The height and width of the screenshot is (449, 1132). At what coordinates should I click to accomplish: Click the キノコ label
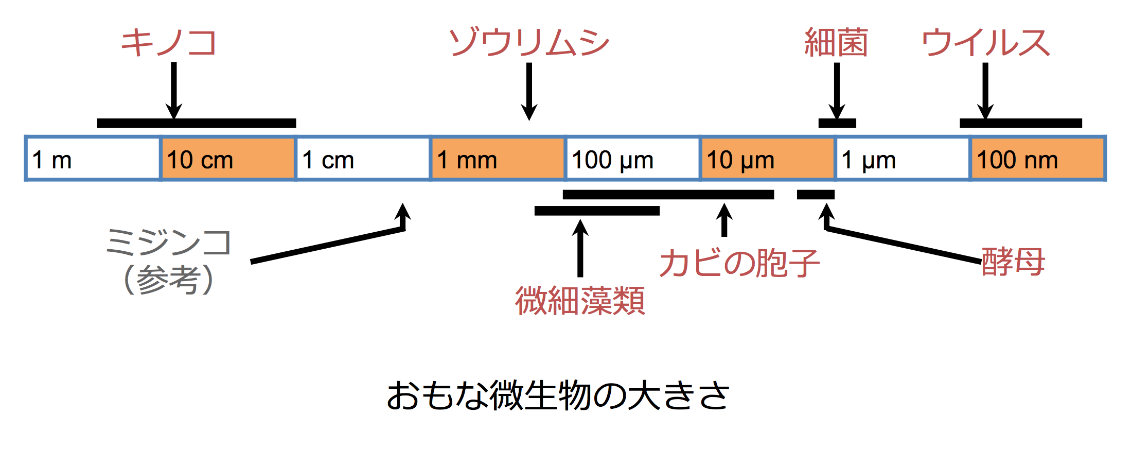click(169, 42)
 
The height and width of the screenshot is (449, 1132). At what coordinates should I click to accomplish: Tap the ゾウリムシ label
click(529, 42)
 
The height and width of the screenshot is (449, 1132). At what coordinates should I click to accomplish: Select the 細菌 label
click(836, 42)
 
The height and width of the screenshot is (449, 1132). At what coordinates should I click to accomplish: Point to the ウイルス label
click(985, 42)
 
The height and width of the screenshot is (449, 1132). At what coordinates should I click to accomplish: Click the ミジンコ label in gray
click(169, 243)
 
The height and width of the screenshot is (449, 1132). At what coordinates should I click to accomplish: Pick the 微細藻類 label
click(580, 301)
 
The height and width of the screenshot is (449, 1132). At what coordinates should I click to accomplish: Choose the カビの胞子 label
click(739, 263)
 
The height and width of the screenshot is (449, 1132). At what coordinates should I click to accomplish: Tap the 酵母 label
click(1013, 262)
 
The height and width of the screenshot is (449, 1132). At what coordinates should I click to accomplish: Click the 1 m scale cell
click(93, 159)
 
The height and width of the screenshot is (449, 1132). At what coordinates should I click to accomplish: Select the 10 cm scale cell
click(228, 159)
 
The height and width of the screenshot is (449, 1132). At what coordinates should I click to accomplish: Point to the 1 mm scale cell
click(498, 159)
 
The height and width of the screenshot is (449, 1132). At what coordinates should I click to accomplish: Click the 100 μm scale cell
click(633, 159)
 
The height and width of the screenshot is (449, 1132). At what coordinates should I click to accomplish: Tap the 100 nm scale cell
click(1037, 159)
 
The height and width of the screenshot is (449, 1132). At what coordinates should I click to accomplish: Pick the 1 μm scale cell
click(903, 159)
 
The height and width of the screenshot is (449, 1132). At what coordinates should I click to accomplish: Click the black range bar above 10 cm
click(197, 123)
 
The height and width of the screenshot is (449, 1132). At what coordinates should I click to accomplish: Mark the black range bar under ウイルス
click(1021, 123)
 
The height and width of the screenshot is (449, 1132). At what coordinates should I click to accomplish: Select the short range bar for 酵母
click(816, 195)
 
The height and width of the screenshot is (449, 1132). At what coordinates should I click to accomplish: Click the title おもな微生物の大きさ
click(558, 395)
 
